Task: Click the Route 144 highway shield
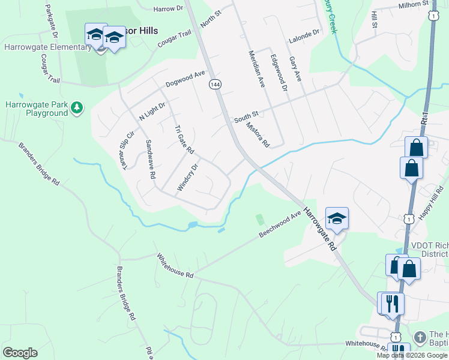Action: click(215, 85)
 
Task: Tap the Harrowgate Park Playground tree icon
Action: click(77, 108)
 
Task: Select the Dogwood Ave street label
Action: click(185, 79)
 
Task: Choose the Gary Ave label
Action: click(295, 69)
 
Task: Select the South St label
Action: click(246, 116)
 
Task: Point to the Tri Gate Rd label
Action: click(184, 139)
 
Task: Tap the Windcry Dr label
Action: click(187, 178)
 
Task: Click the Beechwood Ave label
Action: click(280, 224)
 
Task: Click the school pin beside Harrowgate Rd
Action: click(337, 220)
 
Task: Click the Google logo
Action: click(20, 353)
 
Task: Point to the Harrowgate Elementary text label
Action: click(47, 47)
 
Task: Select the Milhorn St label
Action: click(414, 5)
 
